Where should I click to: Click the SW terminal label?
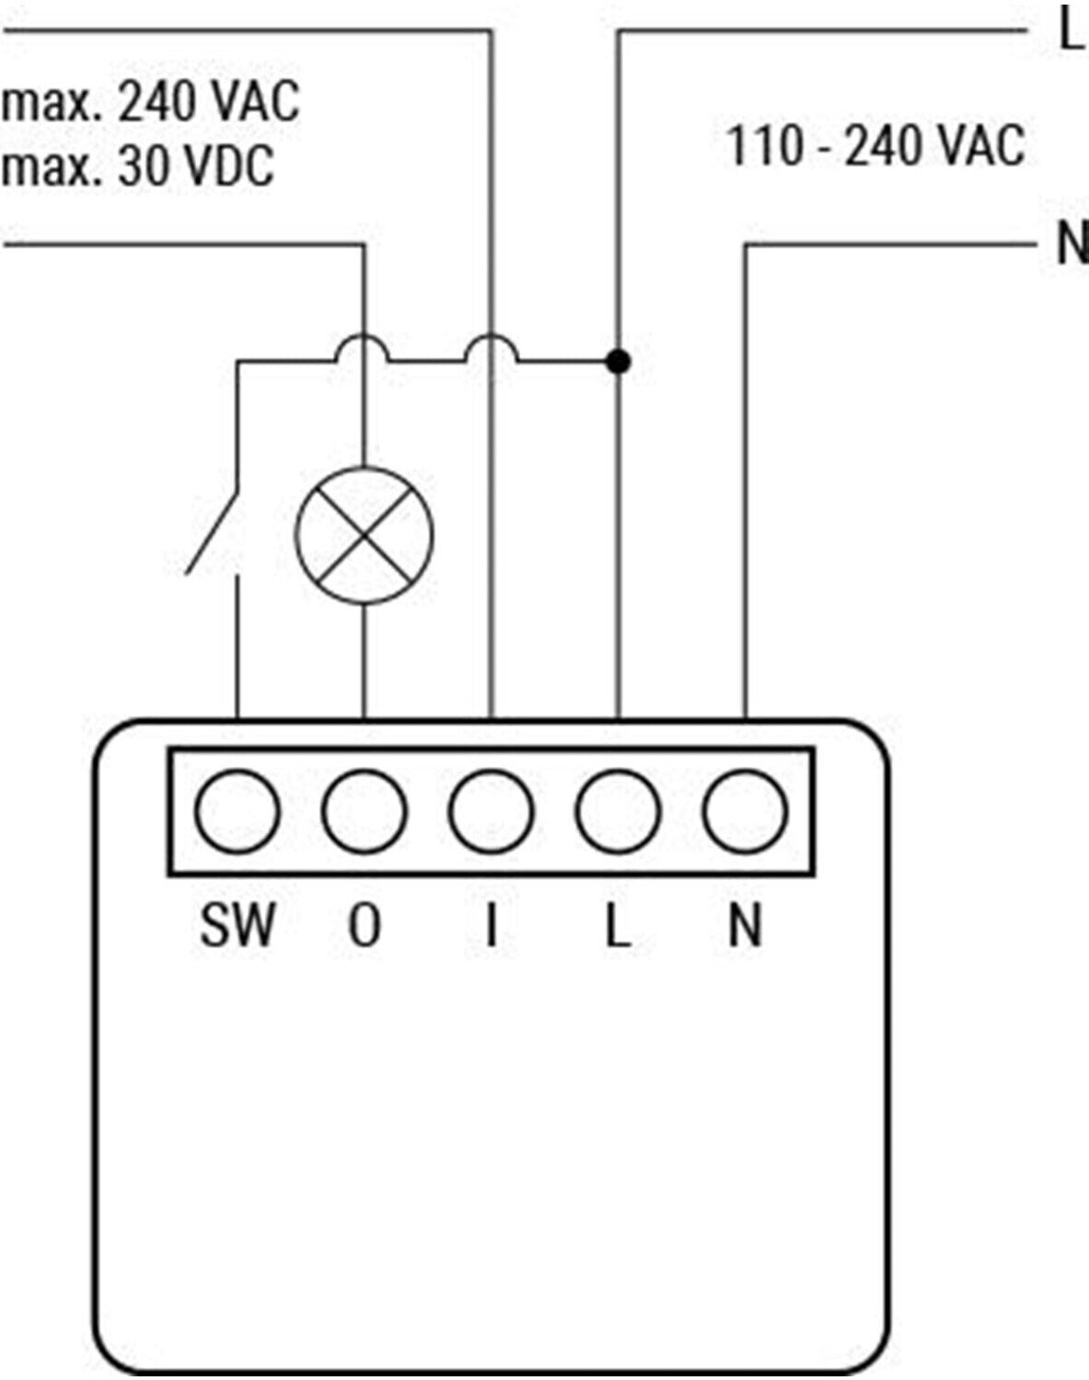coord(237,925)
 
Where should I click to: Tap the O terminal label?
coord(364,925)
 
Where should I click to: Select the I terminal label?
coord(492,925)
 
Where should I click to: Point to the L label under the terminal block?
coord(618,925)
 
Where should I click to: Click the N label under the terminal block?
coord(745,925)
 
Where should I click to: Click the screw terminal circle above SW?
coord(237,811)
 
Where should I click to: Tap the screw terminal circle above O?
coord(365,811)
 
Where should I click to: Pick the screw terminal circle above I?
coord(492,811)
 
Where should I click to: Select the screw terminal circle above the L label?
coord(619,811)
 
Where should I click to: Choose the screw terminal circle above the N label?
coord(745,811)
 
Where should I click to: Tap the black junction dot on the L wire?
coord(620,362)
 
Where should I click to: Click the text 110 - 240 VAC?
coord(875,145)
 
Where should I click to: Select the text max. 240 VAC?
coord(151,101)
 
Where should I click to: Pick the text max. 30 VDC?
coord(138,167)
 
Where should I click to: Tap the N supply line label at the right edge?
coord(1071,245)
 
